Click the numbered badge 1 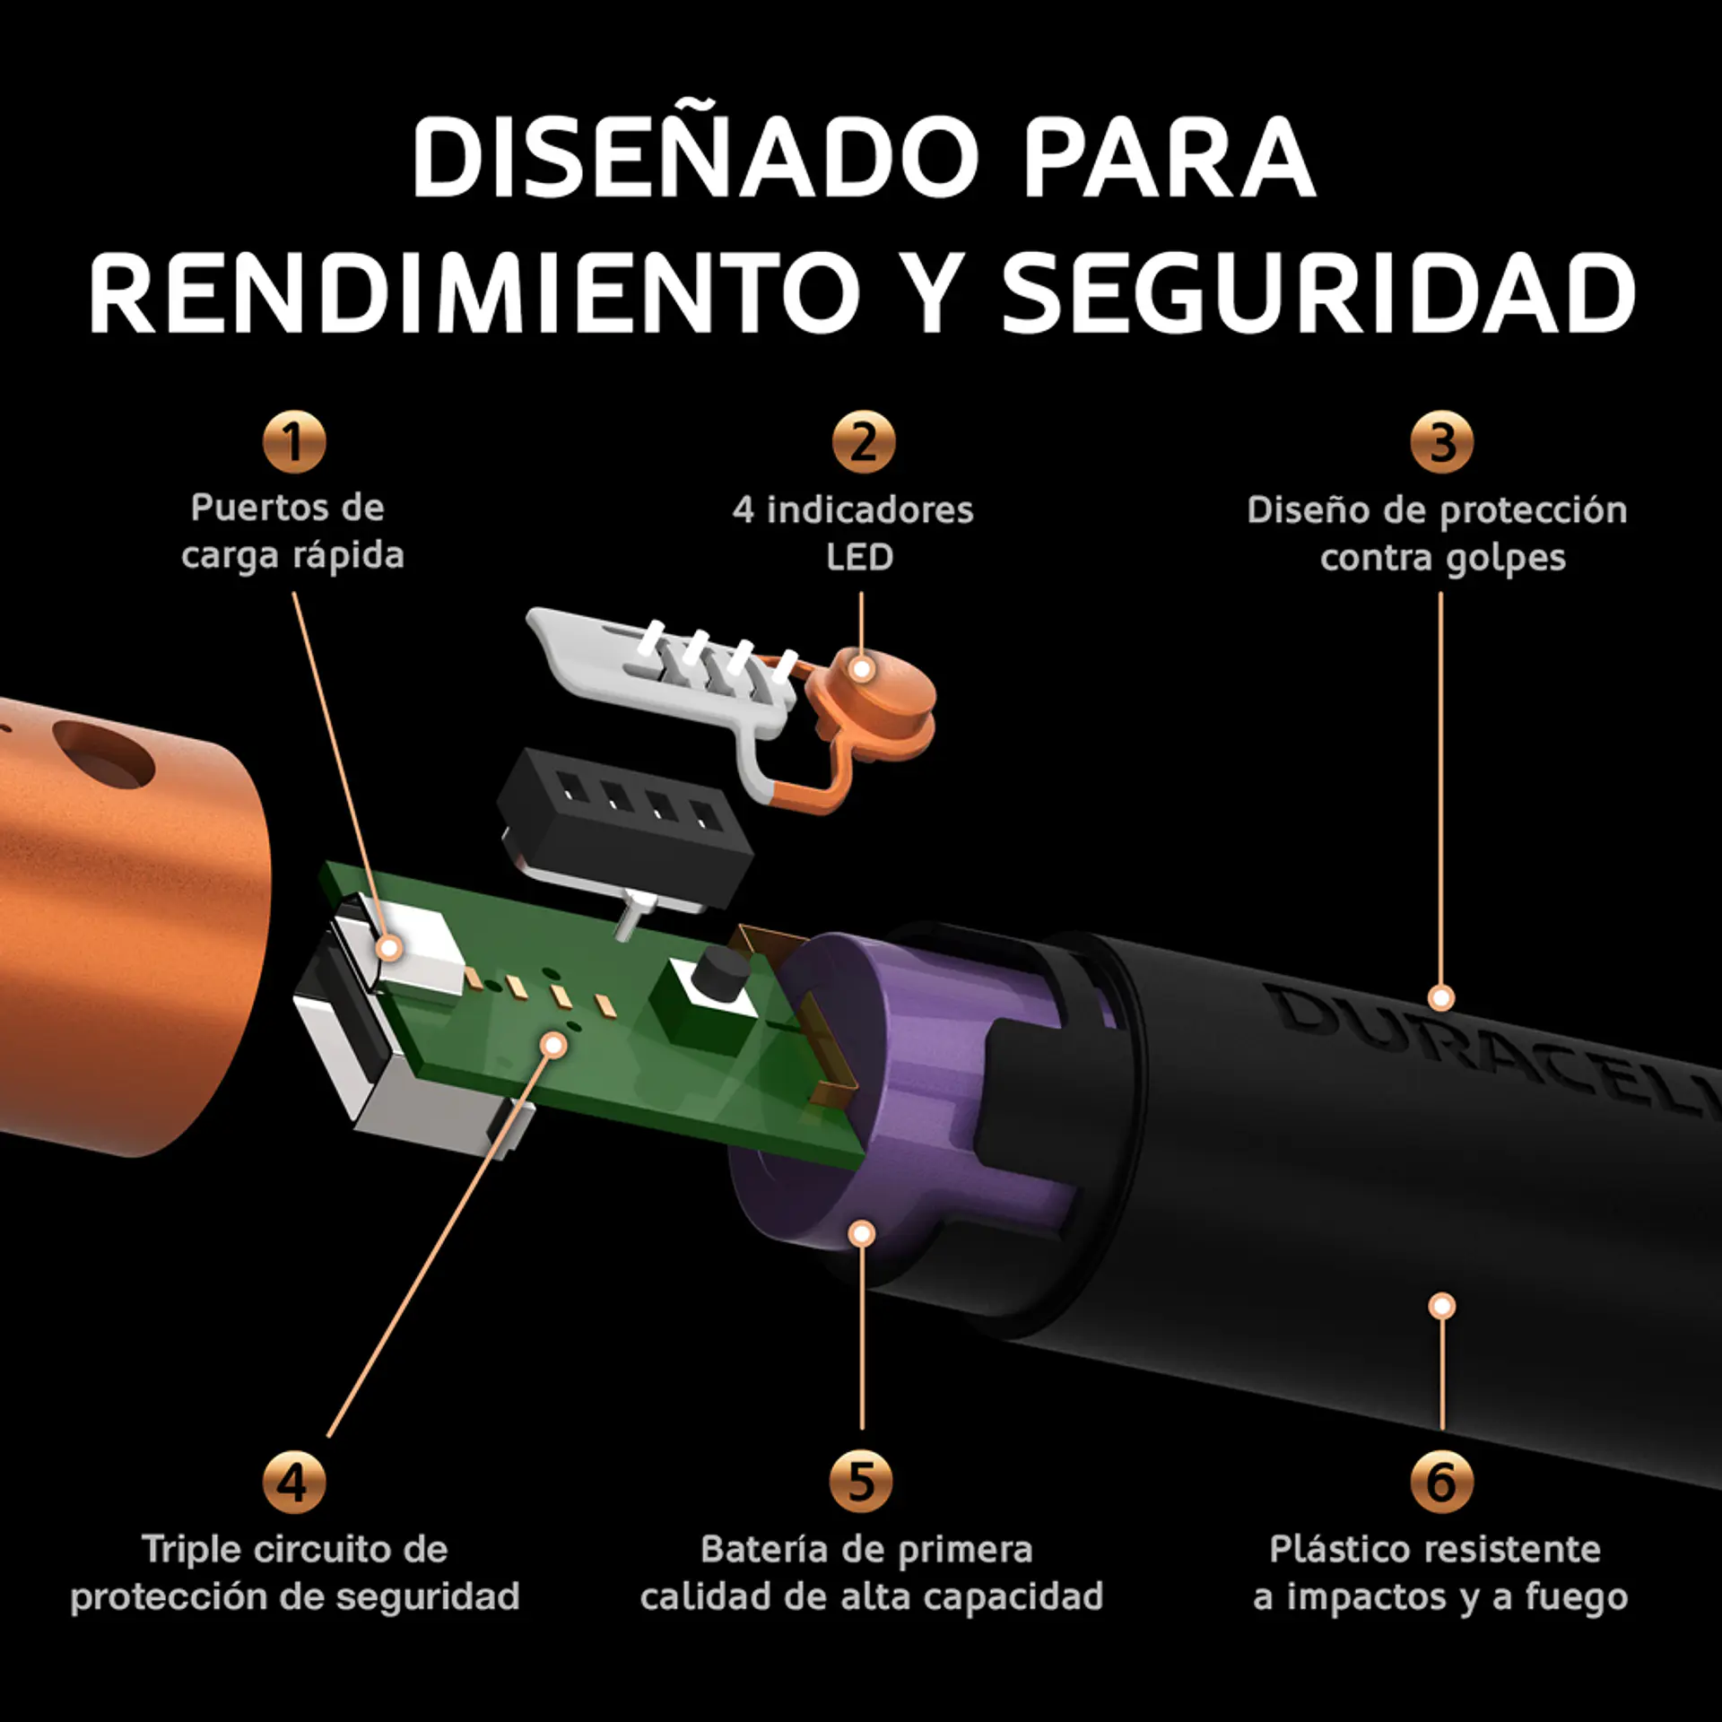coord(294,441)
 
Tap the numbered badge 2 coord(863,442)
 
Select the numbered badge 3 coord(1441,442)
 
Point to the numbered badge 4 coord(294,1482)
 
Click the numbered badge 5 coord(861,1482)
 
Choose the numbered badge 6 coord(1441,1482)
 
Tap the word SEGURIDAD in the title coord(1318,294)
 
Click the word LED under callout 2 coord(859,558)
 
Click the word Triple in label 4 coord(192,1550)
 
